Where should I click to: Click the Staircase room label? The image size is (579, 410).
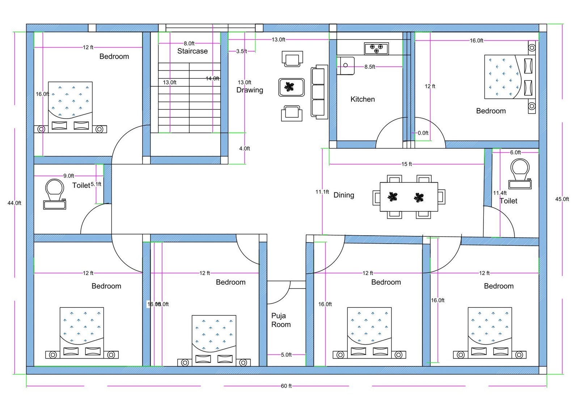coord(192,51)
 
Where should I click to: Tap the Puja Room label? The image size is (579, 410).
coord(281,320)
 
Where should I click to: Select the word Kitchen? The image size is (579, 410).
coord(362,99)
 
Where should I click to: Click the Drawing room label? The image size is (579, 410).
coord(250,90)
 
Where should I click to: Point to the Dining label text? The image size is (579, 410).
coord(343,195)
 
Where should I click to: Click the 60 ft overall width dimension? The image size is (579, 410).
coord(286,386)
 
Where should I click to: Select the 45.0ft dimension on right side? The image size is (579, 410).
coord(562,199)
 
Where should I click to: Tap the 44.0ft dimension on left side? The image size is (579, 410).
coord(14,203)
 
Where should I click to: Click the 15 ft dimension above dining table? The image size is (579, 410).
coord(406,164)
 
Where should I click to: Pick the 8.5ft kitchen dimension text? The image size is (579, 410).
coord(369,67)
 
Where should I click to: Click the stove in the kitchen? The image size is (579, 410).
coord(376,49)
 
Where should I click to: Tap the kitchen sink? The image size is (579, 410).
coord(345,66)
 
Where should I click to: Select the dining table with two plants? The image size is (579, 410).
coord(409,197)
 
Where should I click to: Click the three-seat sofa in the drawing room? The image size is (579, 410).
coord(319,92)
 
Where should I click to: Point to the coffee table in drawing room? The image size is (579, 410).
coord(291,87)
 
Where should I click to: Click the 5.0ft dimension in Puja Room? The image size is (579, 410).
coord(286,355)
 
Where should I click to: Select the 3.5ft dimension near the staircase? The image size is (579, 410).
coord(241,51)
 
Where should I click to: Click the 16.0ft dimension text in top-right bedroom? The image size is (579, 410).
coord(476,41)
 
